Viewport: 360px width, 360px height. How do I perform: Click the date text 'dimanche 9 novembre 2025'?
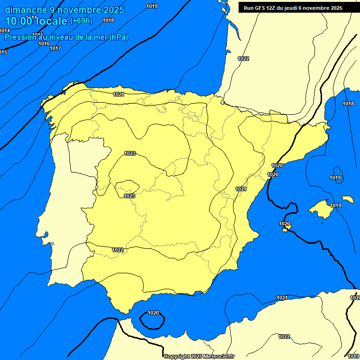pyautogui.click(x=64, y=10)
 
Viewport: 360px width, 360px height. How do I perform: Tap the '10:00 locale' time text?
pyautogui.click(x=36, y=21)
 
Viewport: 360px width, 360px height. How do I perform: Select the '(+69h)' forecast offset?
pyautogui.click(x=81, y=21)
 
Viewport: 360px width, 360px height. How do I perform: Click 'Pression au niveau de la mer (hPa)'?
pyautogui.click(x=66, y=37)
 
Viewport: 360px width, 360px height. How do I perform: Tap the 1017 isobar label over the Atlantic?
pyautogui.click(x=55, y=48)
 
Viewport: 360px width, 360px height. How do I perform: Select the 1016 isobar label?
pyautogui.click(x=44, y=44)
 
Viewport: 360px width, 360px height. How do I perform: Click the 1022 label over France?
pyautogui.click(x=243, y=59)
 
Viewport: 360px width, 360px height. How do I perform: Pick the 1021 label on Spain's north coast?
pyautogui.click(x=119, y=94)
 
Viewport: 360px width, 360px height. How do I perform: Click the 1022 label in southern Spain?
pyautogui.click(x=118, y=250)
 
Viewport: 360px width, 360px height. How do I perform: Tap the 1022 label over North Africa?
pyautogui.click(x=284, y=337)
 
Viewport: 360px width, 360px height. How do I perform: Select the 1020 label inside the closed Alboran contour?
pyautogui.click(x=153, y=313)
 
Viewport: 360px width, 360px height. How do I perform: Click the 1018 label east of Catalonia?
pyautogui.click(x=348, y=104)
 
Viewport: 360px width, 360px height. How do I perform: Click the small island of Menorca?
pyautogui.click(x=347, y=199)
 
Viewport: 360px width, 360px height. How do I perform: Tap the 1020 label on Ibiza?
pyautogui.click(x=285, y=224)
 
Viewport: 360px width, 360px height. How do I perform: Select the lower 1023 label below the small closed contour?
pyautogui.click(x=130, y=195)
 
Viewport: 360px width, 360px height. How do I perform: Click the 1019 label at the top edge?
pyautogui.click(x=152, y=6)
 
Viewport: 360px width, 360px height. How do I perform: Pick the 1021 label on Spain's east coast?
pyautogui.click(x=241, y=189)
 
